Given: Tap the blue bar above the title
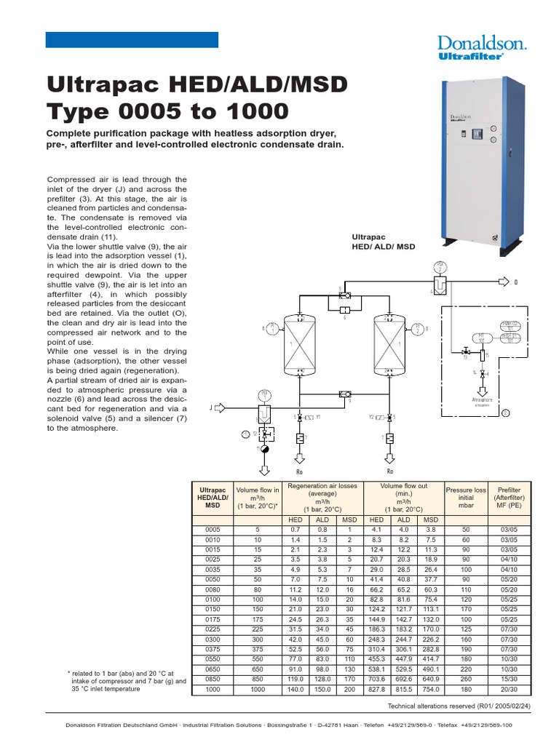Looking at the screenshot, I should point(132,40).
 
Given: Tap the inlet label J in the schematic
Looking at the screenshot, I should point(212,408).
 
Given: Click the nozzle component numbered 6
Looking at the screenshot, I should point(344,310).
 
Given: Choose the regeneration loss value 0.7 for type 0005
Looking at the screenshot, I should point(296,530).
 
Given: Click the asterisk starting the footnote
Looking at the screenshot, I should point(68,673).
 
